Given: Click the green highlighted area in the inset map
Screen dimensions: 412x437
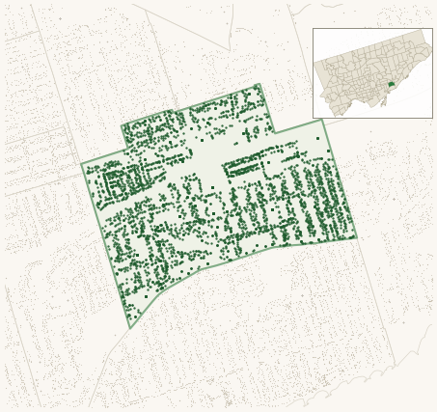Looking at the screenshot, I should tap(391, 84).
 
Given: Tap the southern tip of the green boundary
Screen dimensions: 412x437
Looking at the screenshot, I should tap(130, 328).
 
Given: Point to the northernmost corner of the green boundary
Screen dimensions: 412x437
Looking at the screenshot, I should tap(259, 85).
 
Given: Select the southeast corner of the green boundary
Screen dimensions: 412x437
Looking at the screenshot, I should tap(356, 237).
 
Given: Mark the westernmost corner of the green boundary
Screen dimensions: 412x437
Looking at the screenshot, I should tap(81, 163).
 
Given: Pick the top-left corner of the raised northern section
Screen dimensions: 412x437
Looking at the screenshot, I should tap(122, 126).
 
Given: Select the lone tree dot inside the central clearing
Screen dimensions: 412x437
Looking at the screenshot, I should tap(212, 187).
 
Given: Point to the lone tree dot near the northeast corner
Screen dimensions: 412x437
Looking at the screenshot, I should tap(317, 139).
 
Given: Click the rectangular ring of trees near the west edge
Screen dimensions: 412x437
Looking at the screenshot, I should tap(125, 180).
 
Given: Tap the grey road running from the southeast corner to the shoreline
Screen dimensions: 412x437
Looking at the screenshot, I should tap(376, 309).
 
